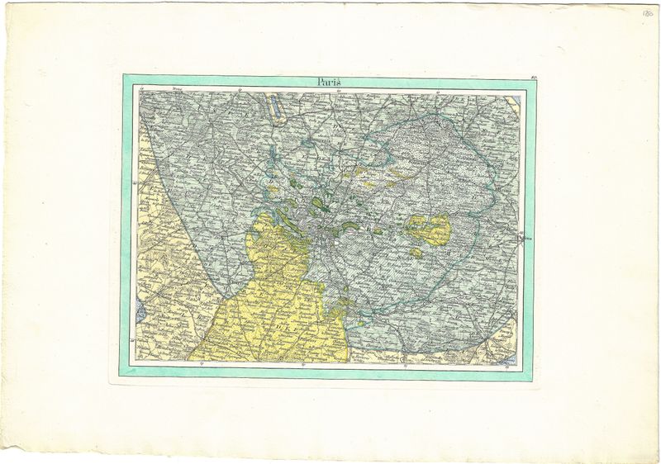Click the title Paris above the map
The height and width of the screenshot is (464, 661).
[x=328, y=82]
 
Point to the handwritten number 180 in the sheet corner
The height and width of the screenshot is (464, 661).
[x=646, y=14]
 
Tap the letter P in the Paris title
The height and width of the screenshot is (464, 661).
[x=319, y=82]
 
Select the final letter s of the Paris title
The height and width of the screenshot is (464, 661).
[x=339, y=82]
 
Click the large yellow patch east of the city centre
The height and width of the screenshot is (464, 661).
[x=429, y=229]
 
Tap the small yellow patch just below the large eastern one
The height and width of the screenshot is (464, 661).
[x=416, y=253]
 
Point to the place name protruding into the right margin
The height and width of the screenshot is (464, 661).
[x=528, y=239]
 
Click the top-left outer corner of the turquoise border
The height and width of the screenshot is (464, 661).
[x=123, y=75]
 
